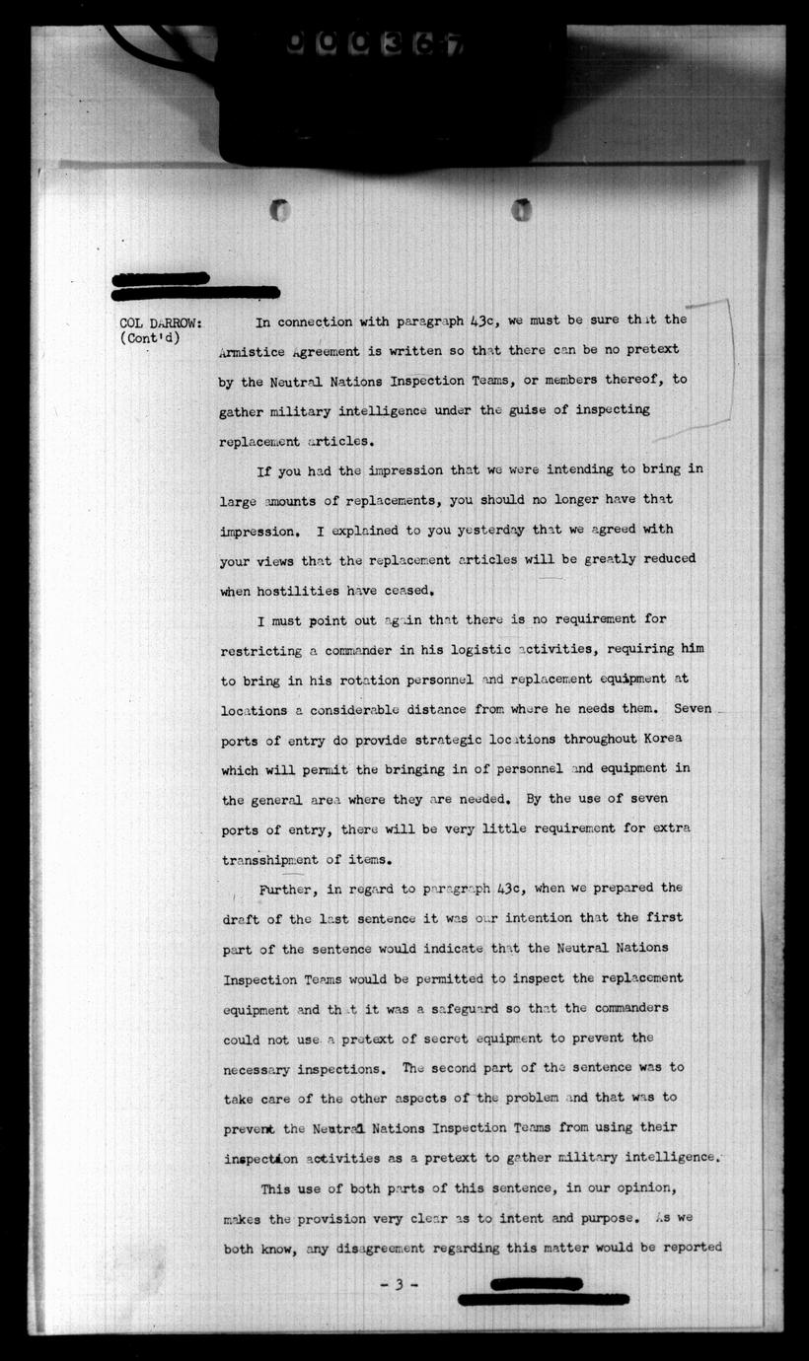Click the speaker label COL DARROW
pyautogui.click(x=161, y=323)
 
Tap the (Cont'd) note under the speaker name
pyautogui.click(x=152, y=340)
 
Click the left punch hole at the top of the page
pyautogui.click(x=280, y=209)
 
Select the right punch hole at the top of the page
pyautogui.click(x=521, y=209)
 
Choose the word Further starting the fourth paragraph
pyautogui.click(x=287, y=888)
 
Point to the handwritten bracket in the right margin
pyautogui.click(x=727, y=365)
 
